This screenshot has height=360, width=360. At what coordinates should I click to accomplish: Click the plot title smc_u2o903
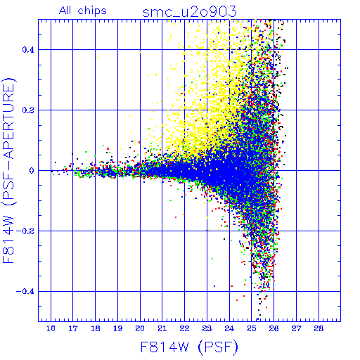pyautogui.click(x=189, y=12)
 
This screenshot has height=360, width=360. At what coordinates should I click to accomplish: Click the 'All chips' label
pyautogui.click(x=83, y=11)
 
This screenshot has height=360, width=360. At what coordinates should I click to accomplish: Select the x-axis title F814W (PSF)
pyautogui.click(x=189, y=347)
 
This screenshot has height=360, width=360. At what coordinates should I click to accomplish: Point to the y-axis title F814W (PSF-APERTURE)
pyautogui.click(x=9, y=170)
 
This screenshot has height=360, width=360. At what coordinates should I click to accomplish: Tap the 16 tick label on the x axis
pyautogui.click(x=51, y=328)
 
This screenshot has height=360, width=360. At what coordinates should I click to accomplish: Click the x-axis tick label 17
pyautogui.click(x=73, y=328)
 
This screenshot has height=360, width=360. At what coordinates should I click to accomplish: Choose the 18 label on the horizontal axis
pyautogui.click(x=96, y=328)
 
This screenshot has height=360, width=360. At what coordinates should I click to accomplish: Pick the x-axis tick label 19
pyautogui.click(x=117, y=328)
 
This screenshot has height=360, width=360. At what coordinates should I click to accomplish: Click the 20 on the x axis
pyautogui.click(x=140, y=328)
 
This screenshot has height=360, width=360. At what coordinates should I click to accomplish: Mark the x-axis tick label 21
pyautogui.click(x=162, y=328)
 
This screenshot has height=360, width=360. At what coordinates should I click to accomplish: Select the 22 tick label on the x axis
pyautogui.click(x=184, y=328)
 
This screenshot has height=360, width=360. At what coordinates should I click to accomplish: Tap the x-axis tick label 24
pyautogui.click(x=229, y=328)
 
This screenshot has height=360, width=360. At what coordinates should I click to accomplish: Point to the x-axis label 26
pyautogui.click(x=274, y=328)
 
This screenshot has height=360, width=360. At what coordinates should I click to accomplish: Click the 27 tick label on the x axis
pyautogui.click(x=296, y=328)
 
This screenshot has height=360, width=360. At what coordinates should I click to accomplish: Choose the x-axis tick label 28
pyautogui.click(x=319, y=328)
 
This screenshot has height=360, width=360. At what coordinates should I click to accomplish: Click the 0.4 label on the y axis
pyautogui.click(x=28, y=50)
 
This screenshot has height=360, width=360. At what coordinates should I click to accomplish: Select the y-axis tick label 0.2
pyautogui.click(x=28, y=110)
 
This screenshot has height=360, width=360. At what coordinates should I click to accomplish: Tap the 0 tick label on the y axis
pyautogui.click(x=32, y=171)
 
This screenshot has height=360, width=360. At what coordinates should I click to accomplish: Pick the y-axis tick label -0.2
pyautogui.click(x=25, y=231)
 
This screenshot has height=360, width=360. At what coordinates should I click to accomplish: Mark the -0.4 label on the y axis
pyautogui.click(x=25, y=292)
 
